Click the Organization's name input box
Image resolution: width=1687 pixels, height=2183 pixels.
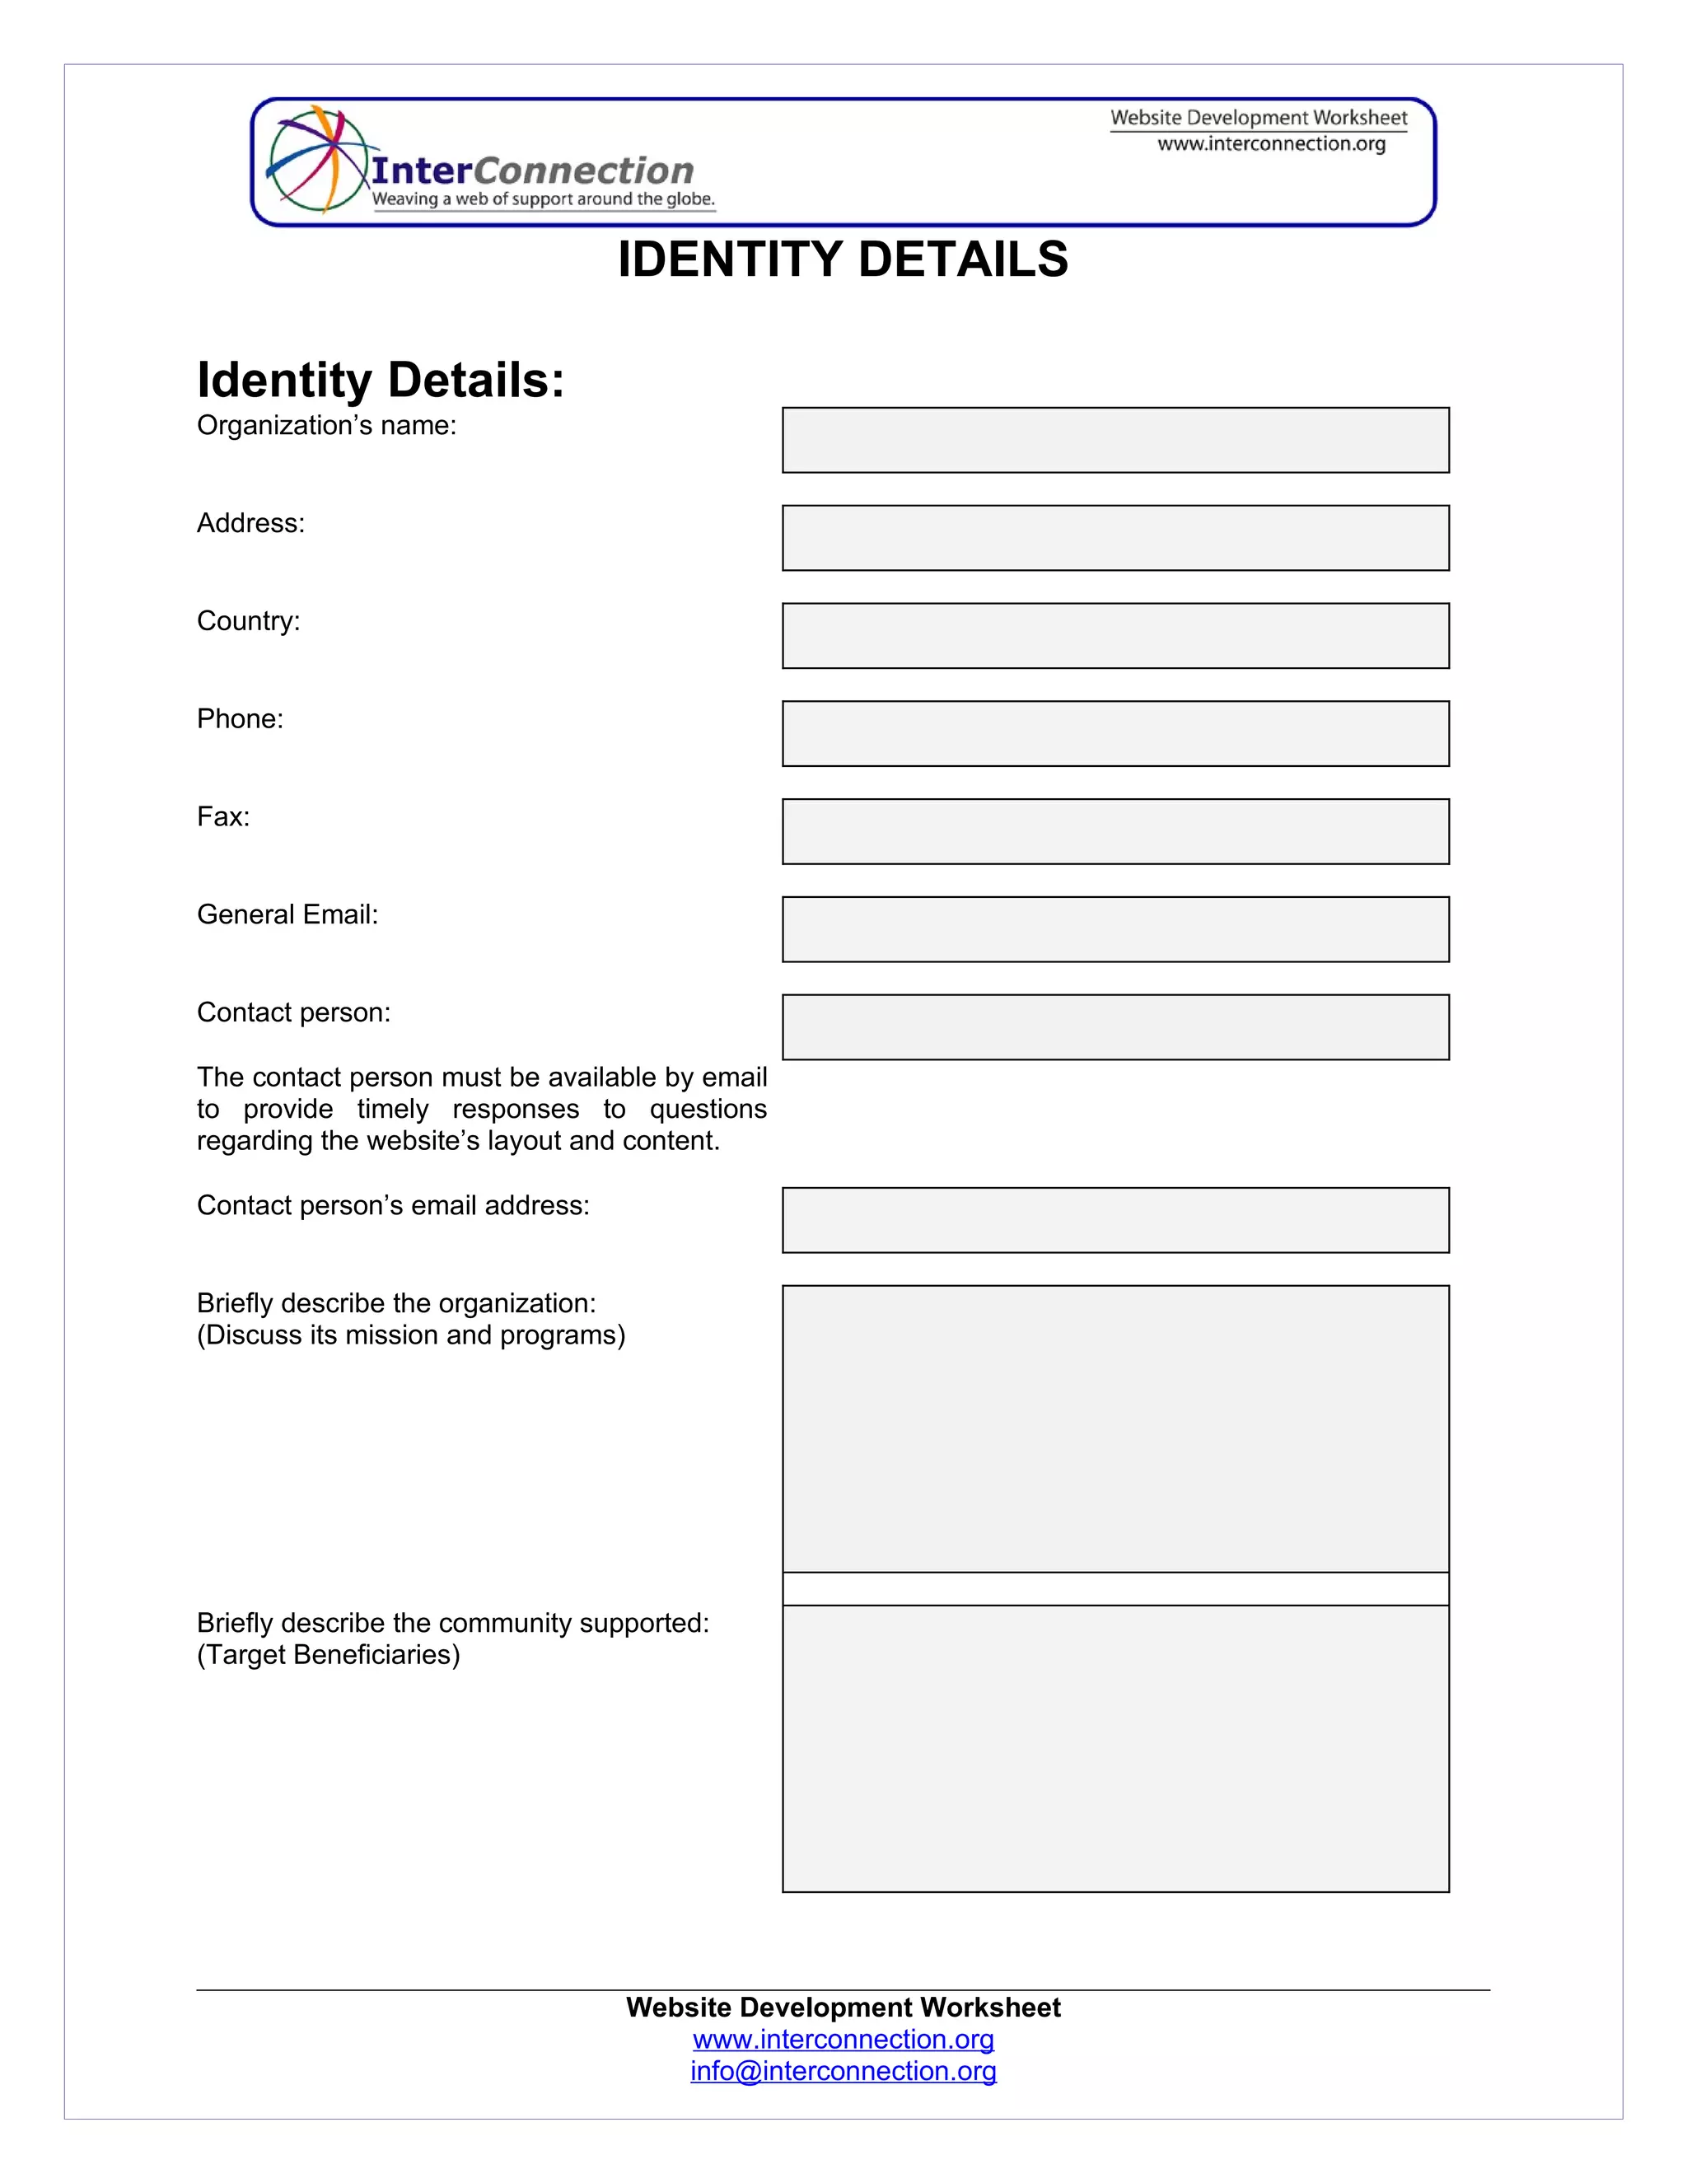[x=1115, y=440]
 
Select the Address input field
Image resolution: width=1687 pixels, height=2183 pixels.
[x=1115, y=538]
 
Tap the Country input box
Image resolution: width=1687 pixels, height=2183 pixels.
[x=1115, y=636]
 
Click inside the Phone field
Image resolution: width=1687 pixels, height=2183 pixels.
[x=1115, y=734]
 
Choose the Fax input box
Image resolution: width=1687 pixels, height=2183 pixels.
[x=1115, y=832]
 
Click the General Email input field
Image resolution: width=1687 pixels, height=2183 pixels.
[x=1115, y=929]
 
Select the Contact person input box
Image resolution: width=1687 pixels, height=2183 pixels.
[x=1115, y=1027]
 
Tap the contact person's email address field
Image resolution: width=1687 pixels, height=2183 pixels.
[x=1115, y=1221]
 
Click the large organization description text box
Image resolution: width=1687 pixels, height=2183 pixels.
[x=1115, y=1428]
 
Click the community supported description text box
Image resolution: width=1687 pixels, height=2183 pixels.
[x=1115, y=1748]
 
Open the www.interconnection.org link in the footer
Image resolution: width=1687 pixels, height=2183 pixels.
[x=843, y=2039]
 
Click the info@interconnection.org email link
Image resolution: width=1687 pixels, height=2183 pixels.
[x=843, y=2071]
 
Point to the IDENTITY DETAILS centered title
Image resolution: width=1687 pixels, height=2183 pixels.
[x=843, y=259]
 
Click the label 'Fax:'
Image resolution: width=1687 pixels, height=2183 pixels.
[x=223, y=818]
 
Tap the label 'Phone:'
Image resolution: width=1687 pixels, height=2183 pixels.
[x=240, y=720]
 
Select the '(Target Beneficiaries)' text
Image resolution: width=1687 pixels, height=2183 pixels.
[x=328, y=1655]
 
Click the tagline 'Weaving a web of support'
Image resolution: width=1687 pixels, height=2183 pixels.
[x=543, y=199]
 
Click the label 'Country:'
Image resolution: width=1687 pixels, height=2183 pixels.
[x=248, y=622]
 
